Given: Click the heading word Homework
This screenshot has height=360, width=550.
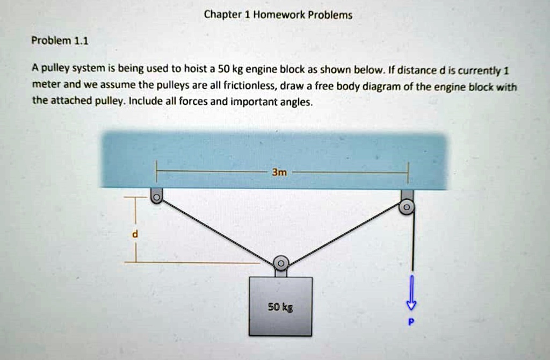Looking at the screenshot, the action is (279, 15).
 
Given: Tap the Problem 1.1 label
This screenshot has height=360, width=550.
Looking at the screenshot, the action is (60, 41).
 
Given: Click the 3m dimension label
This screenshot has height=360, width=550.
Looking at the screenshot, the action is (279, 172).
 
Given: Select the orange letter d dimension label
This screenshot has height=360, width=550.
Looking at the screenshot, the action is (135, 233).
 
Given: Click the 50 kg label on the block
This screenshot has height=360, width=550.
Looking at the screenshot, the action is (280, 307).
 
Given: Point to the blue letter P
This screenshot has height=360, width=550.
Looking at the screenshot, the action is (411, 321).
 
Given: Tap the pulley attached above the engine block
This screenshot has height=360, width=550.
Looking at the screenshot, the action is (280, 263).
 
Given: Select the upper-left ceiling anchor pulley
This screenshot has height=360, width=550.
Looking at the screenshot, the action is (156, 196).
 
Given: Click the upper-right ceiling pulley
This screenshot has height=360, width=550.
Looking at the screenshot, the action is (407, 207).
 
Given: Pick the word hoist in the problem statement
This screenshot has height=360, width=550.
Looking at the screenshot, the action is (195, 69).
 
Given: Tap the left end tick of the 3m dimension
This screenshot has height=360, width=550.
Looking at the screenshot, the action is (157, 171).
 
